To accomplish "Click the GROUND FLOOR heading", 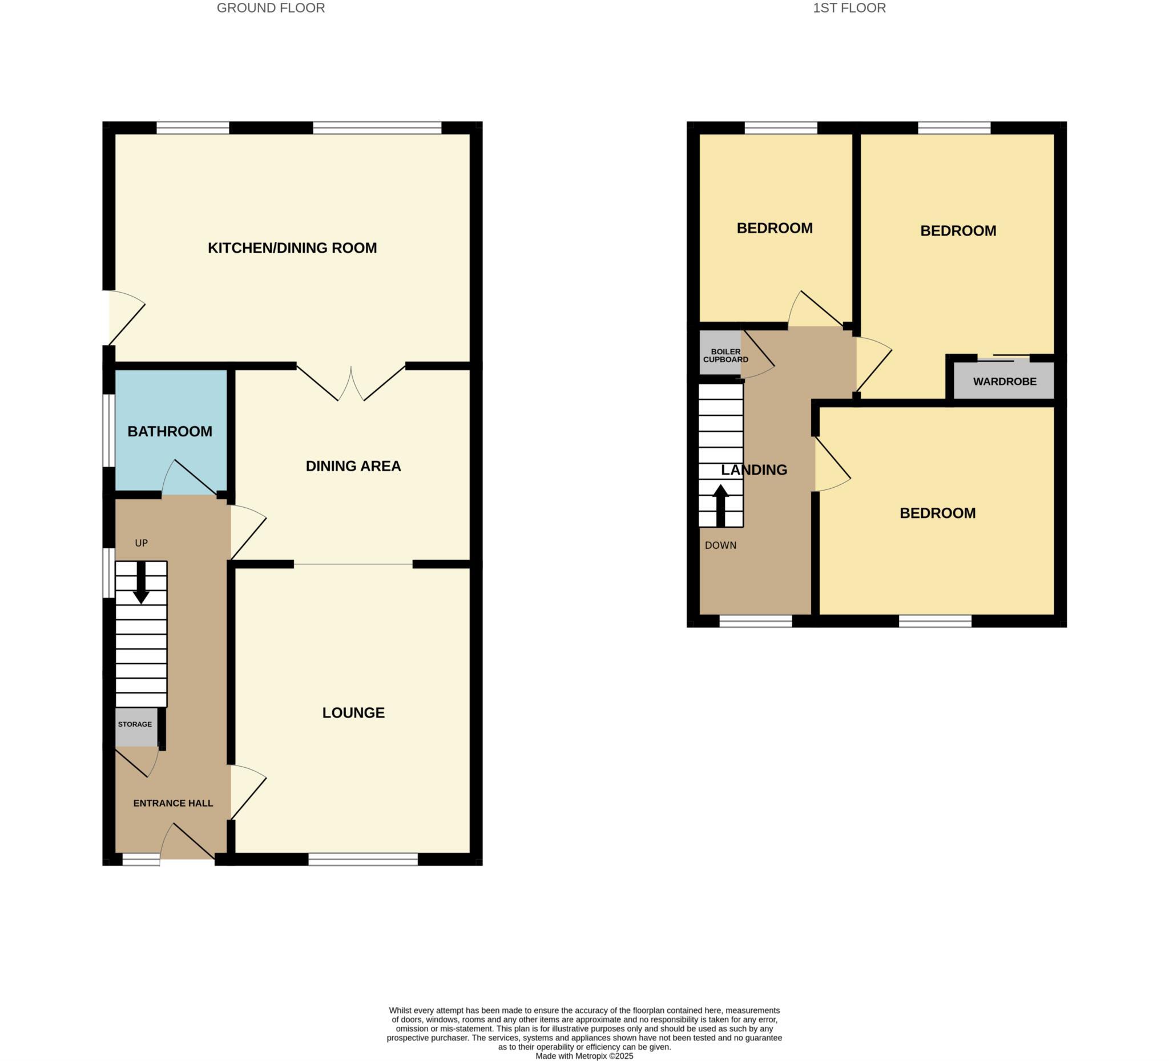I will [271, 8].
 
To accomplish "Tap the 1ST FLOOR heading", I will [849, 8].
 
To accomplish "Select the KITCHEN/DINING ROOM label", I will [292, 248].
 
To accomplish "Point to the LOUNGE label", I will [353, 712].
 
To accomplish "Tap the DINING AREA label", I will [353, 466].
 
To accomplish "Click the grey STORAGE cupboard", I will [136, 727].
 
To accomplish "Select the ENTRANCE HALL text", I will [173, 803].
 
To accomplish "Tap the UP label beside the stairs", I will [142, 543].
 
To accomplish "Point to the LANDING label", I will [754, 470].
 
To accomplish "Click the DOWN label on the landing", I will [721, 545].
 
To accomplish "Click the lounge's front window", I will [363, 858].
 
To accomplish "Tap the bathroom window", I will [108, 430].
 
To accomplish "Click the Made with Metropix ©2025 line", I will [584, 1056].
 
